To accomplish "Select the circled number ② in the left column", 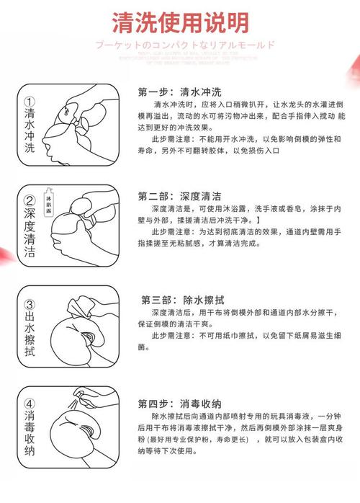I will pyautogui.click(x=30, y=201).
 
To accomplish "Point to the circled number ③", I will pyautogui.click(x=30, y=306).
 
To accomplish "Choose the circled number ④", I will pyautogui.click(x=30, y=403).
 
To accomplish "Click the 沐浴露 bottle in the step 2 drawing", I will pyautogui.click(x=69, y=190).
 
